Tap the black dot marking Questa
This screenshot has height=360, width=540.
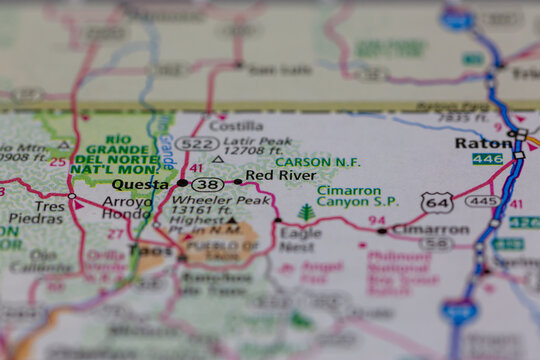pyautogui.click(x=182, y=183)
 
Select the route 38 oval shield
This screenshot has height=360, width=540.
pyautogui.click(x=208, y=184)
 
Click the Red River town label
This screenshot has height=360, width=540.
pyautogui.click(x=280, y=175)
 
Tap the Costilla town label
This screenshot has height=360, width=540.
pyautogui.click(x=236, y=127)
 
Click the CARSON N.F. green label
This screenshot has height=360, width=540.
pyautogui.click(x=317, y=161)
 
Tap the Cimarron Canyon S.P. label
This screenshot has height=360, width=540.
pyautogui.click(x=356, y=195)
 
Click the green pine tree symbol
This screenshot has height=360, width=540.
pyautogui.click(x=306, y=212)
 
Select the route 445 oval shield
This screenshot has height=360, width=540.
pyautogui.click(x=483, y=201)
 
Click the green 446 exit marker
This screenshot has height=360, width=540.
pyautogui.click(x=488, y=159)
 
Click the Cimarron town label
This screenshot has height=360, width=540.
pyautogui.click(x=429, y=229)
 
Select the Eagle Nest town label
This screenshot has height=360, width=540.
pyautogui.click(x=300, y=239)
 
